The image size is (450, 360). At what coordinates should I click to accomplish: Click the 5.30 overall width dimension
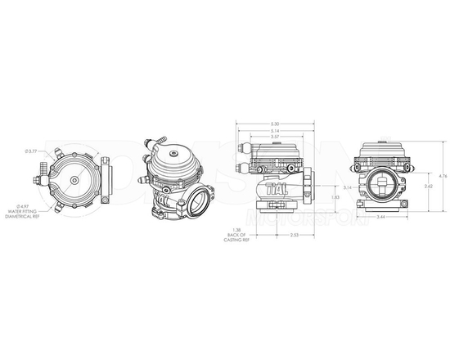[x=274, y=124]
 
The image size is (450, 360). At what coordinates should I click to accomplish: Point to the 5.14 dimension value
[x=274, y=131]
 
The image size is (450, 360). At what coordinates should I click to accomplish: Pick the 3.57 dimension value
[x=274, y=137]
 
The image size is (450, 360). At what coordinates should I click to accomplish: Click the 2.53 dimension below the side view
[x=293, y=235]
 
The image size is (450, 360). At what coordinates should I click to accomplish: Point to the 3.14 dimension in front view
[x=347, y=188]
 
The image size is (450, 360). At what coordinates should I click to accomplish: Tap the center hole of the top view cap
[x=75, y=180]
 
